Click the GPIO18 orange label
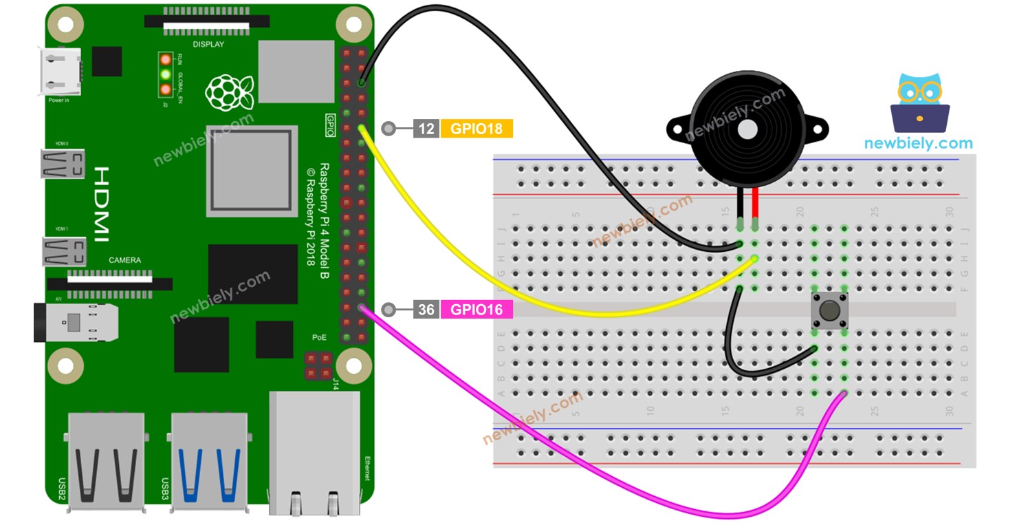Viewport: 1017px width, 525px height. point(476,129)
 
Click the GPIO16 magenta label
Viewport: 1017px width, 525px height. point(476,310)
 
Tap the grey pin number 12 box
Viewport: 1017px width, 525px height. point(426,129)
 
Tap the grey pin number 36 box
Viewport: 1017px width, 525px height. point(426,310)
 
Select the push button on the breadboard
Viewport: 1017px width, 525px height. point(829,310)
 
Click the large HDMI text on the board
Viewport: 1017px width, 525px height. point(100,204)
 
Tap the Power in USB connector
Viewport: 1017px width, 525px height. point(61,72)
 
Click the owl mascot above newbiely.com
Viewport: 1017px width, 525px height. point(920,103)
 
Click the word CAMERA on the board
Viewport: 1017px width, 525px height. point(124,260)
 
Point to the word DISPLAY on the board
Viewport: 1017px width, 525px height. point(208,45)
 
